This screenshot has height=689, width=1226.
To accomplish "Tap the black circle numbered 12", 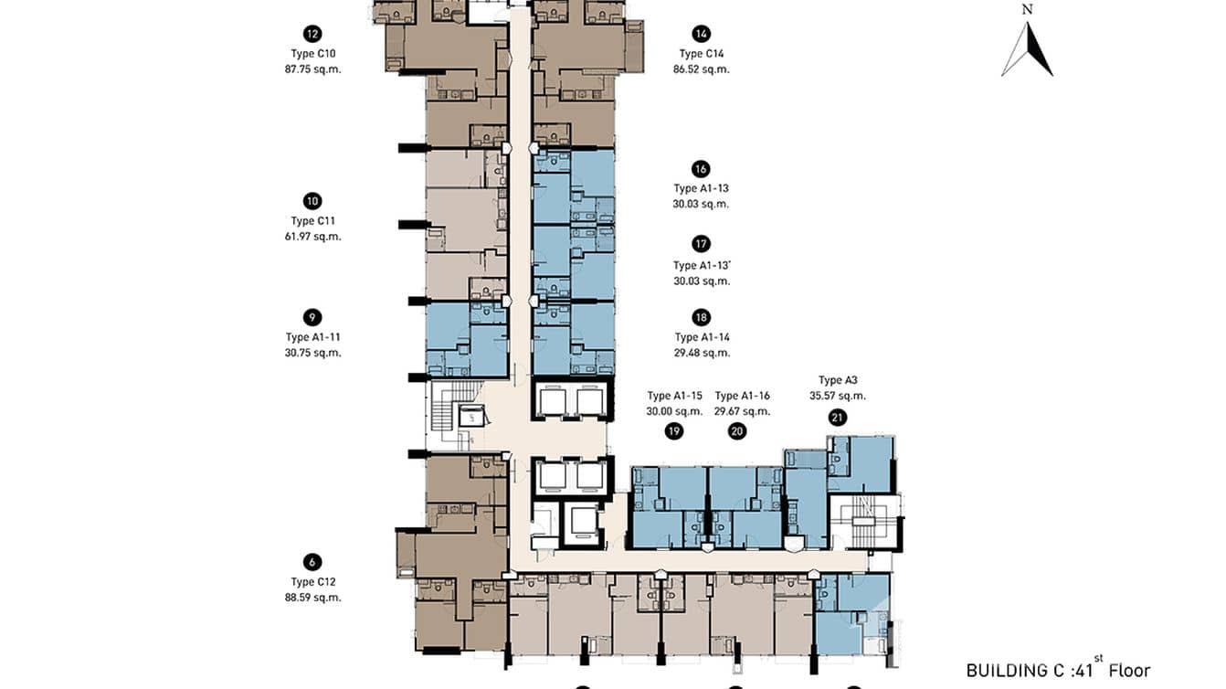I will [312, 35].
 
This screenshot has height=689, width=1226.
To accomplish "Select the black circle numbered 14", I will [701, 35].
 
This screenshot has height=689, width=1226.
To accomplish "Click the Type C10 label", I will [312, 53].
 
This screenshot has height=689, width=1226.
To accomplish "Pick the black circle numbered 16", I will [701, 169].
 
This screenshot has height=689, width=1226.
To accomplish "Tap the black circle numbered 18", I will [701, 318].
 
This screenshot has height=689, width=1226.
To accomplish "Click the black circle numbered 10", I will [312, 202].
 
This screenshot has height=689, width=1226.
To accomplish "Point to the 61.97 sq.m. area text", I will [312, 237].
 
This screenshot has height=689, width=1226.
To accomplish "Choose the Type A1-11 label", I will [312, 337].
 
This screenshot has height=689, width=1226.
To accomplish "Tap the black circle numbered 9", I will [312, 318].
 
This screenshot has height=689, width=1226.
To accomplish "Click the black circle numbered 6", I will [312, 563].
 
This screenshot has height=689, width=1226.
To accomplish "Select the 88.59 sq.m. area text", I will [312, 598].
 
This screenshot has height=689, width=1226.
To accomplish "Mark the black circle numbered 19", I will [674, 431].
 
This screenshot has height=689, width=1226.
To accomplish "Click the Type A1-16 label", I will [742, 396].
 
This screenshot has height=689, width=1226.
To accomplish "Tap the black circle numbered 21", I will [838, 418].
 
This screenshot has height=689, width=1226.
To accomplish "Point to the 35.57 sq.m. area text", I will [838, 397].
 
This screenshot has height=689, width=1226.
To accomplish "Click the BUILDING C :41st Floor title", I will [1058, 670].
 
